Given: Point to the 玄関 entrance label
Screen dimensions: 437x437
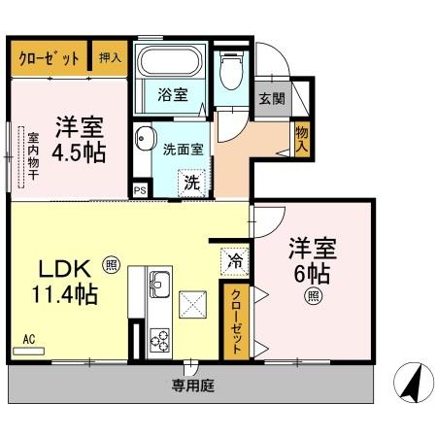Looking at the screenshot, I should pos(269,97).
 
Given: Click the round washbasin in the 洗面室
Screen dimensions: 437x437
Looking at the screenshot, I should pos(145,137).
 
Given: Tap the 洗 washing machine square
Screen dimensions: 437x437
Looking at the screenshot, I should pos(192,181).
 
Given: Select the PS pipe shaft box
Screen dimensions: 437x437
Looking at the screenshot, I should pos(141,190).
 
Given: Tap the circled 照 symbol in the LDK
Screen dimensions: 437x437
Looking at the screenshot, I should pos(111,262).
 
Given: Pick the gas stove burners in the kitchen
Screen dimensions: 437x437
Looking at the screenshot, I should pos(158,343).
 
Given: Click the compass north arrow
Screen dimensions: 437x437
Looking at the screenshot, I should pos(412,384).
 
